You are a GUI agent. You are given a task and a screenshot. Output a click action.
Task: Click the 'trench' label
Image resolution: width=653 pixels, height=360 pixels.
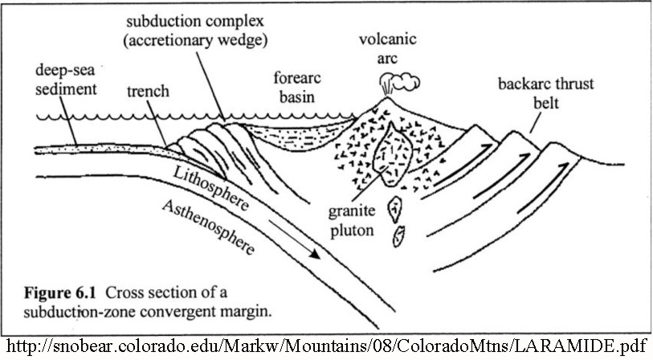(x=148, y=92)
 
